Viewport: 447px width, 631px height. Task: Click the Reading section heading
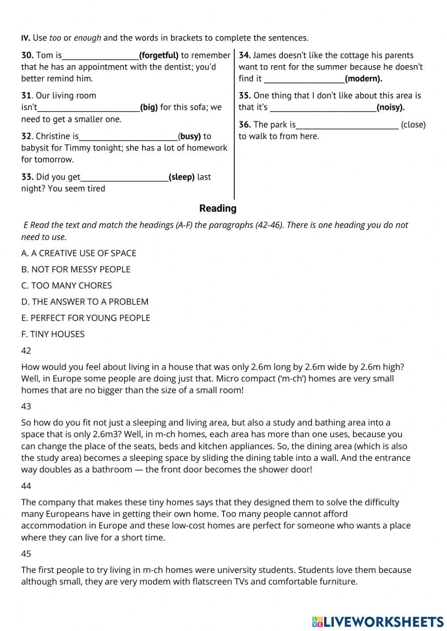(x=218, y=208)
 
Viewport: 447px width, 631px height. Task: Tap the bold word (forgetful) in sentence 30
(x=159, y=55)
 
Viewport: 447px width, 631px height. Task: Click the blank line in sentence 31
(x=89, y=108)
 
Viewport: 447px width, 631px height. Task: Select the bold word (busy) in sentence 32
(x=190, y=136)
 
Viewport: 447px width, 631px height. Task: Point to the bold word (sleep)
(x=181, y=177)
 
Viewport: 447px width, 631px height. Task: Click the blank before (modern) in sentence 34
(x=304, y=79)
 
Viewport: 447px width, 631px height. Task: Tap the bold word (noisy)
(x=390, y=107)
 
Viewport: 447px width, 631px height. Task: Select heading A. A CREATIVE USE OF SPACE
(x=79, y=253)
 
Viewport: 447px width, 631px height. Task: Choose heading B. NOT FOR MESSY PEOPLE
(x=76, y=269)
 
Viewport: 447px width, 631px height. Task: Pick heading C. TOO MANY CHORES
(x=67, y=285)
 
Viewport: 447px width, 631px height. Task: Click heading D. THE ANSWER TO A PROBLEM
(x=85, y=301)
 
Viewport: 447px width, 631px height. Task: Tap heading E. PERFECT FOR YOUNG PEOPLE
(x=86, y=318)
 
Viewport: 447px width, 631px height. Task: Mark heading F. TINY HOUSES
(x=53, y=334)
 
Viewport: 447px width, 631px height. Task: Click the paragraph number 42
(x=26, y=351)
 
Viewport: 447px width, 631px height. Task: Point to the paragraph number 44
(x=26, y=486)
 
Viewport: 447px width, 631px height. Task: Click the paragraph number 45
(x=26, y=554)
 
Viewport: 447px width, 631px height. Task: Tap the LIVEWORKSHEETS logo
(x=378, y=621)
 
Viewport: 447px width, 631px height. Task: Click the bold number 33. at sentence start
(x=27, y=177)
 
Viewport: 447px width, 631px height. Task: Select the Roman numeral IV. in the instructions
(x=25, y=38)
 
